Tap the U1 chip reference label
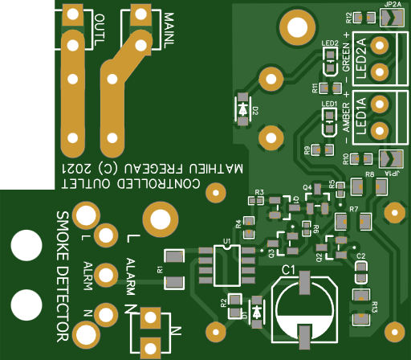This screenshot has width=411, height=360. point(227,240)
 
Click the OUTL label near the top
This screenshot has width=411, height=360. point(99,30)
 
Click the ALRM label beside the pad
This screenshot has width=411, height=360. point(87,274)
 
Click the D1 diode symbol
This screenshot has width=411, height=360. point(256,310)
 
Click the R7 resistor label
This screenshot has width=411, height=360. point(353,209)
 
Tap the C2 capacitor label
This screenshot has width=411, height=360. point(360,256)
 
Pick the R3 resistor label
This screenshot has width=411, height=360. point(258,192)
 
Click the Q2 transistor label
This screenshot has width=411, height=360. point(319,257)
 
